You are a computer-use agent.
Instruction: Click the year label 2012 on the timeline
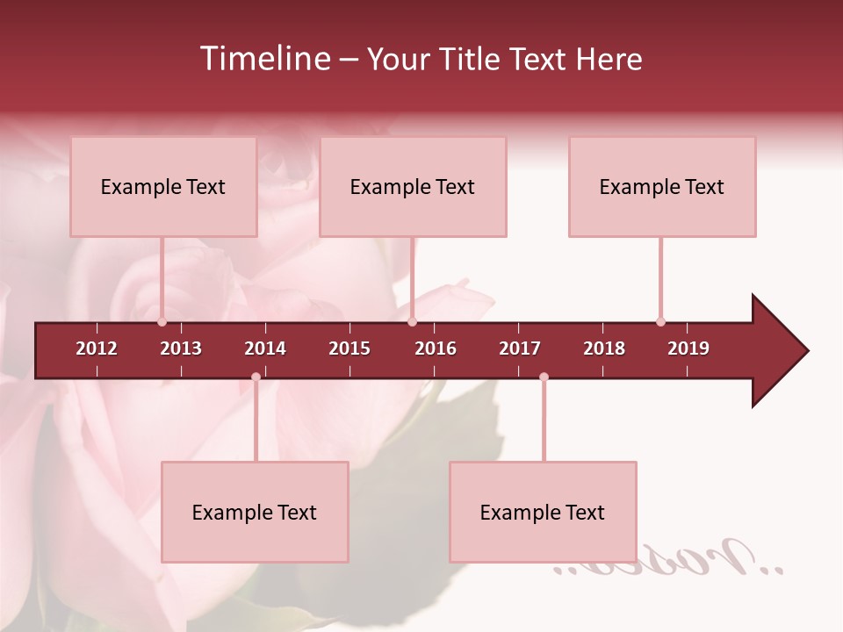pos(97,348)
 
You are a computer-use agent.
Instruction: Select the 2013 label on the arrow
pos(181,348)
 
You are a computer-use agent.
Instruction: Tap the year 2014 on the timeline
pos(265,348)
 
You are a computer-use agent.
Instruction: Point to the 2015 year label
pos(349,348)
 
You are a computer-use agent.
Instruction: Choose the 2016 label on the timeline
pos(436,348)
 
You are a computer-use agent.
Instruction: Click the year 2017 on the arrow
pos(520,348)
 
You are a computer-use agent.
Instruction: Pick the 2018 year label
pos(604,348)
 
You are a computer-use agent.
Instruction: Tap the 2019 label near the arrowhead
pos(688,348)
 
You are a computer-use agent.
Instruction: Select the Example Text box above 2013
pos(163,187)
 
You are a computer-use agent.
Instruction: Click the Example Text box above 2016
pos(413,187)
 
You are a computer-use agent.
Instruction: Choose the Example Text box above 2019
pos(662,187)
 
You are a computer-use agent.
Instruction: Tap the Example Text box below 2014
pos(255,513)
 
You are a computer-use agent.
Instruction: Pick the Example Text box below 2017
pos(543,513)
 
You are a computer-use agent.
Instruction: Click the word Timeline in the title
pos(263,59)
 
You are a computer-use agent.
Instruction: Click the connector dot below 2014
pos(256,377)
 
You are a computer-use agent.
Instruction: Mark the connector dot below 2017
pos(544,377)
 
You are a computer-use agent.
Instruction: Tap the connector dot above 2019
pos(660,321)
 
